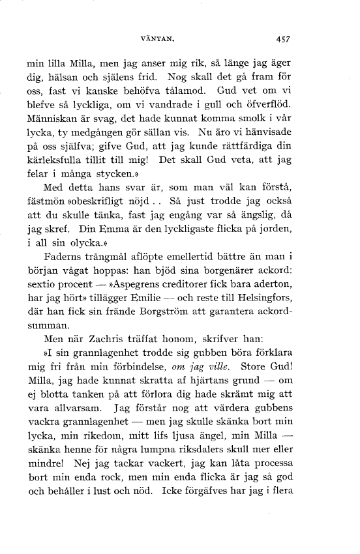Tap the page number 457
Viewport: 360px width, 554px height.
coord(282,38)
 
